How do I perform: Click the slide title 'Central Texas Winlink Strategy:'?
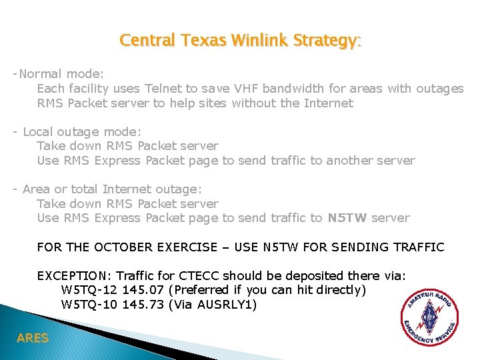tap(240, 41)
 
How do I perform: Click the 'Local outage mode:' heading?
tap(82, 132)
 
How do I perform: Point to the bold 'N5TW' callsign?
tap(347, 218)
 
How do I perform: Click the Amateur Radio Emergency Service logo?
tap(429, 318)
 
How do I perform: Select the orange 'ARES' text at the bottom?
tap(33, 339)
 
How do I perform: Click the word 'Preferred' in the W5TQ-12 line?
tap(199, 291)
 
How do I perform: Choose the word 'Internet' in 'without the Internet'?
tap(328, 103)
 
